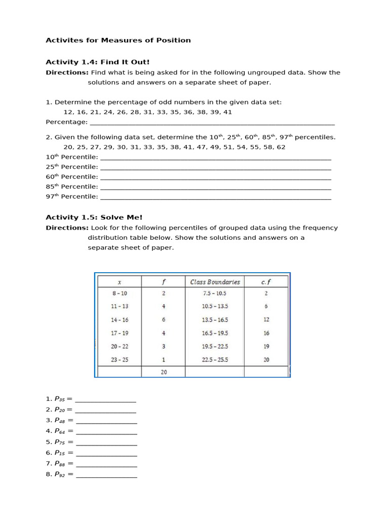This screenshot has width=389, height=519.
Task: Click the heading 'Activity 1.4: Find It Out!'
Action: [98, 62]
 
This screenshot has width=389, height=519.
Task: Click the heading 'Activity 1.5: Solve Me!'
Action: [94, 217]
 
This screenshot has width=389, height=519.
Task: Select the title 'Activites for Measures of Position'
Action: [118, 40]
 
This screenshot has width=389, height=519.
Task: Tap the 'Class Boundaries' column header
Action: [214, 282]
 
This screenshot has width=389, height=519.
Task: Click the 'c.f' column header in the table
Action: [266, 282]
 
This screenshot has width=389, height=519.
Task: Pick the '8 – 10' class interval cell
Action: [120, 293]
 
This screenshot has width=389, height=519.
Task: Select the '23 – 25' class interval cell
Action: [120, 359]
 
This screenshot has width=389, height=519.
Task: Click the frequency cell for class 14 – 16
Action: [163, 320]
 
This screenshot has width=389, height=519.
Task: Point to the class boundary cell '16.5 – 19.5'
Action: [214, 333]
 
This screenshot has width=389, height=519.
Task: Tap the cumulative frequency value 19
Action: [266, 346]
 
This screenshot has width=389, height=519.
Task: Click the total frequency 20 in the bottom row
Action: [163, 372]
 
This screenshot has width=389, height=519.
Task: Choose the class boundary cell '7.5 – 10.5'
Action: [214, 293]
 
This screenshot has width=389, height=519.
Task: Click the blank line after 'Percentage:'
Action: [212, 122]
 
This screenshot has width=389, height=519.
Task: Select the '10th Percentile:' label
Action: [72, 157]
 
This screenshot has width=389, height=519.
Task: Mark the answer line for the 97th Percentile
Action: [216, 197]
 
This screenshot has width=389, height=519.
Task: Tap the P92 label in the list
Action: [60, 475]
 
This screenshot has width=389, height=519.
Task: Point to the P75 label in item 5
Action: [60, 442]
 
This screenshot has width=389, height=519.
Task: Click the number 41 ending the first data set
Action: [227, 112]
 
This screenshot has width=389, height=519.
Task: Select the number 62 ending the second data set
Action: [281, 147]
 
